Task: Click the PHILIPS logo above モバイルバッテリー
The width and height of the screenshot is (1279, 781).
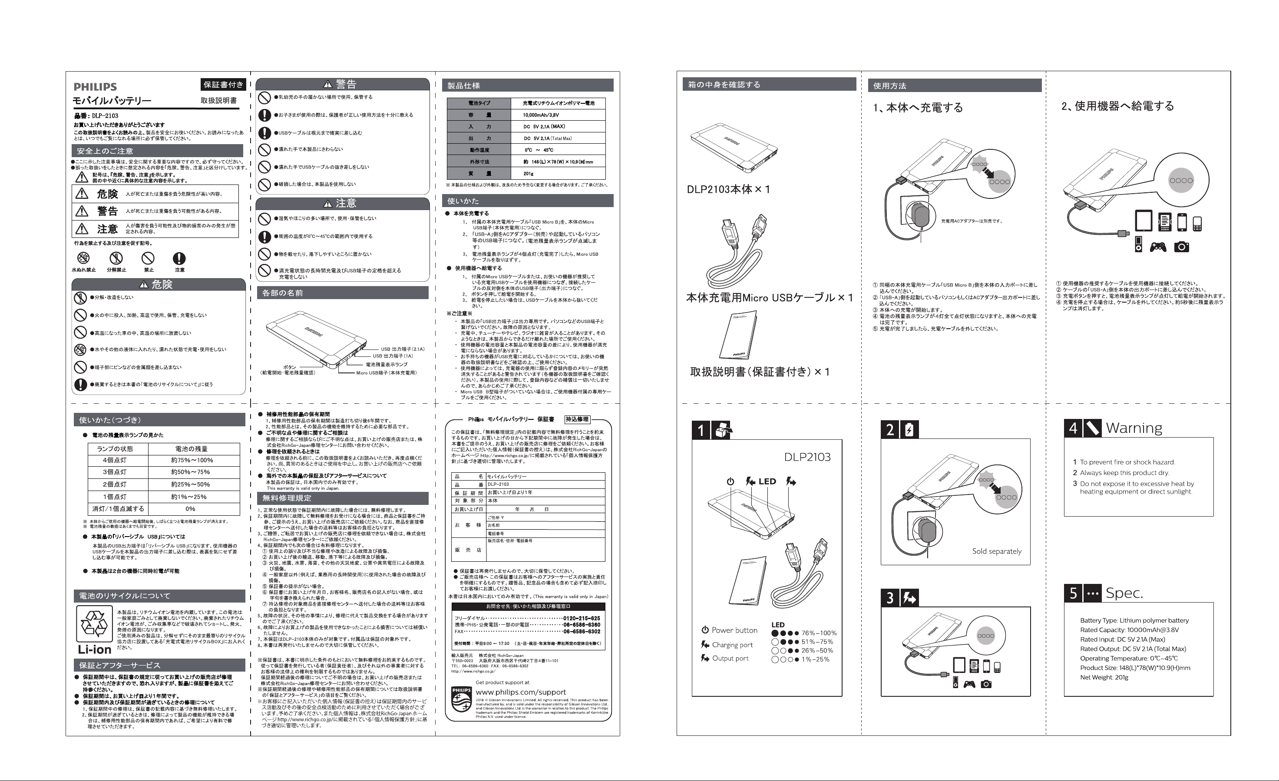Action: point(95,87)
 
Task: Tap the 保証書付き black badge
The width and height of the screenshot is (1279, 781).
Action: point(223,85)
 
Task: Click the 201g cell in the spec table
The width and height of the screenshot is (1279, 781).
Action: point(528,174)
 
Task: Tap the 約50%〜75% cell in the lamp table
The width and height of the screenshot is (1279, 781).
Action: point(191,472)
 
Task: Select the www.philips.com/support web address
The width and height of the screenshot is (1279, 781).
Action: point(521,692)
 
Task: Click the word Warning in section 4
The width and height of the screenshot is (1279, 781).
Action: point(1134,428)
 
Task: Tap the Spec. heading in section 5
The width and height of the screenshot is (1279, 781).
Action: point(1124,593)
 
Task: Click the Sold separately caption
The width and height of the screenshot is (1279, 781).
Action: point(996,551)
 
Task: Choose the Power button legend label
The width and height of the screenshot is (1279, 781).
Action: point(734,630)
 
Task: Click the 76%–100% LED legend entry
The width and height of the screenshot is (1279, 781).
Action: point(819,633)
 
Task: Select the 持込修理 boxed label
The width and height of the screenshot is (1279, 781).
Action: point(577,419)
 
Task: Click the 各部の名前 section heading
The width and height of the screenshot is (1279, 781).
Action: point(282,293)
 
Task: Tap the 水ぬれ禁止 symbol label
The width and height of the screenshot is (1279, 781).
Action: point(83,270)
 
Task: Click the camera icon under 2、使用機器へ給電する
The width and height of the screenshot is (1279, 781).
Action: point(1181,247)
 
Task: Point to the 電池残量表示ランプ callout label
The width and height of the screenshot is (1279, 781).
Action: point(386,364)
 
